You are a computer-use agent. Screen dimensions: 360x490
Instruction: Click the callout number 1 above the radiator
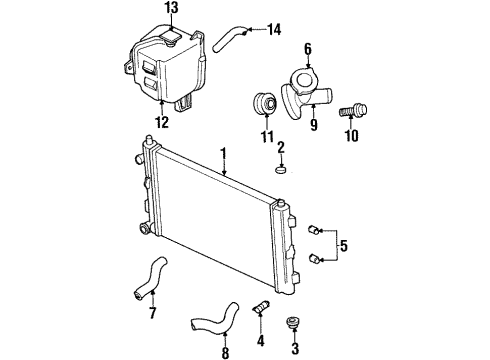tap(224, 153)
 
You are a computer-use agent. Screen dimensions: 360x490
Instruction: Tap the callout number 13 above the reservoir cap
tap(172, 8)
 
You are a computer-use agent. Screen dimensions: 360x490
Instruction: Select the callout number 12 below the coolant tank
tap(162, 123)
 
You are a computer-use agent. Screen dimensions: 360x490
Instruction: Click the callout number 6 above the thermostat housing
tap(308, 46)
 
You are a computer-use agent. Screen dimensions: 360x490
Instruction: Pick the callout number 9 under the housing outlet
tap(313, 126)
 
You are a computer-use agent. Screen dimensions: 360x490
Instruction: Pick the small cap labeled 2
tap(282, 171)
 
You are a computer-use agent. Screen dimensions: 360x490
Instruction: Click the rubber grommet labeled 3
tap(293, 322)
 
